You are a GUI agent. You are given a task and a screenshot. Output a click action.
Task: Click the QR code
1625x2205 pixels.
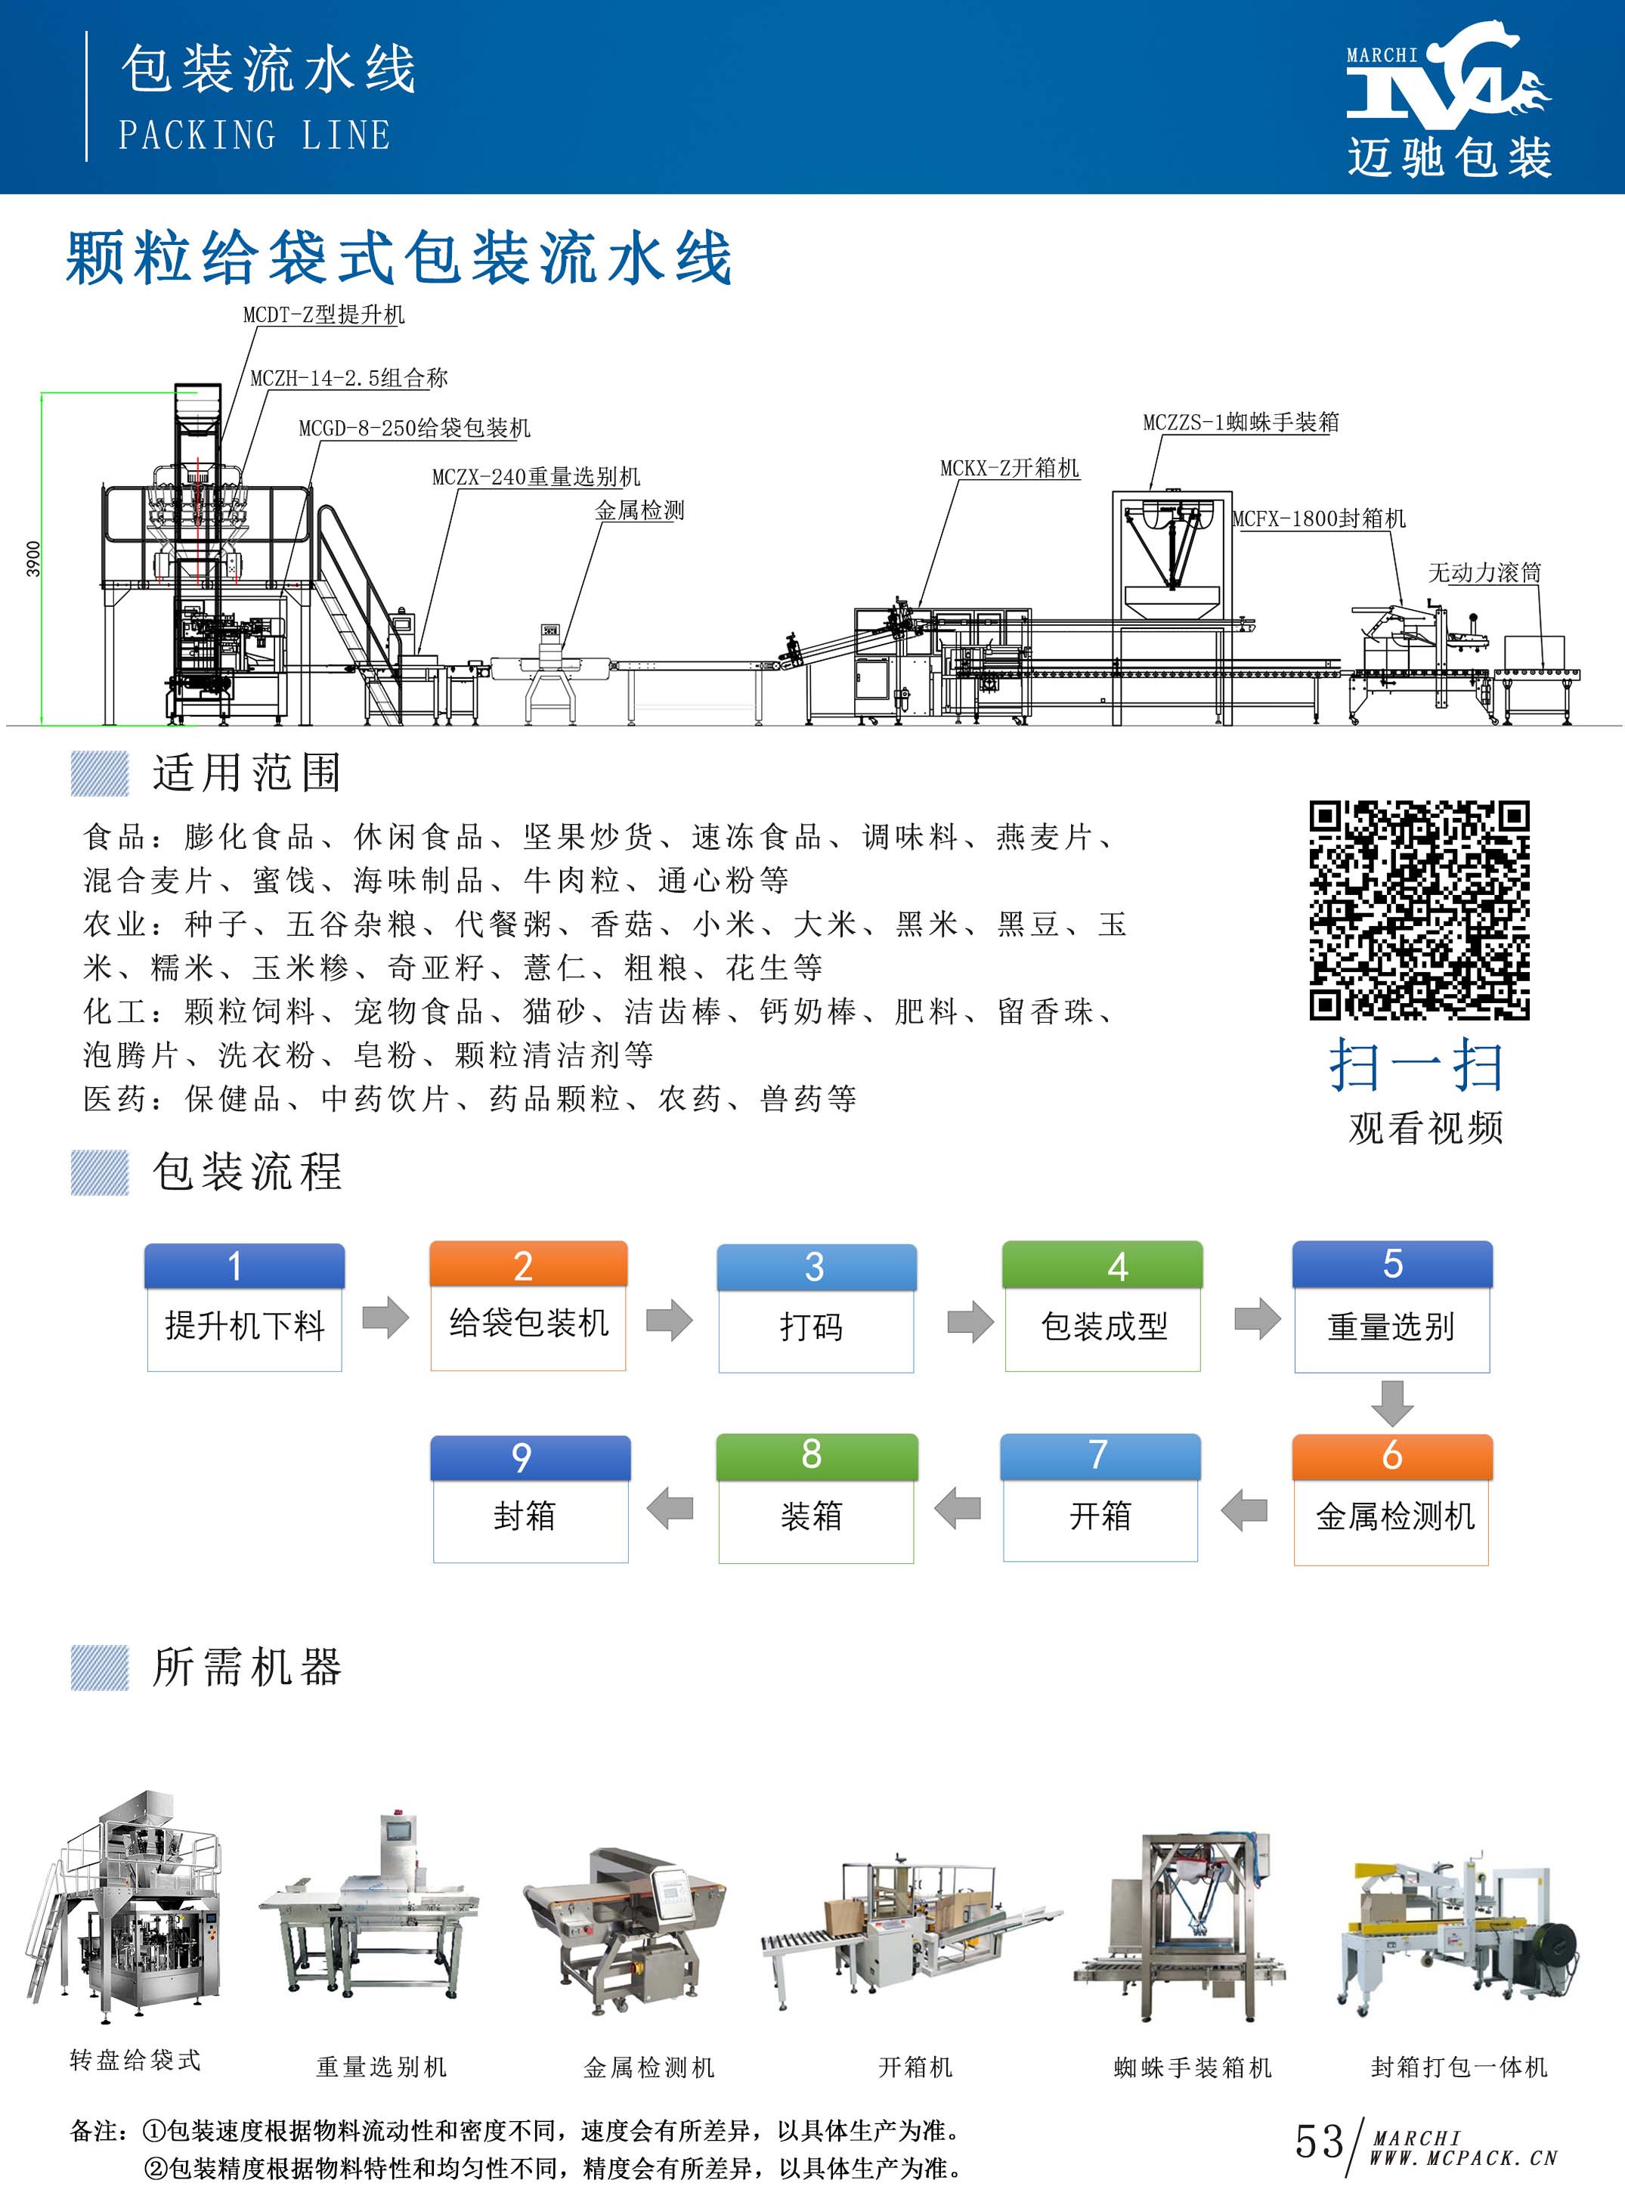click(1419, 909)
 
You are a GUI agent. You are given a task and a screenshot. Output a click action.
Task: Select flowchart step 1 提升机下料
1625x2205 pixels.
click(244, 1306)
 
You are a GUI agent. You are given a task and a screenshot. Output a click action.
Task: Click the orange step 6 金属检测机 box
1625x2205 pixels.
click(1392, 1498)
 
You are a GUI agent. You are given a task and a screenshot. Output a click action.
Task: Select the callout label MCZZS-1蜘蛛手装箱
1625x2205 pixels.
click(1240, 422)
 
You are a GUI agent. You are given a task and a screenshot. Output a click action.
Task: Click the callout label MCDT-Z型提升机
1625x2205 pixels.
click(323, 314)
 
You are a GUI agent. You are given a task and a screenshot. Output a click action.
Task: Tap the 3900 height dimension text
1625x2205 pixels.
click(33, 558)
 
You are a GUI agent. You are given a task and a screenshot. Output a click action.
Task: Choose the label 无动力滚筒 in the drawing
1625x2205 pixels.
click(1484, 572)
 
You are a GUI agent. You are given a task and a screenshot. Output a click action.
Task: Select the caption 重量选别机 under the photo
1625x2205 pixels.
click(382, 2067)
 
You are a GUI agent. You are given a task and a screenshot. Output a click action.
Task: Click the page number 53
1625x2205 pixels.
click(1319, 2140)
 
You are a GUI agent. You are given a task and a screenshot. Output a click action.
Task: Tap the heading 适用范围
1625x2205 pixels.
click(247, 772)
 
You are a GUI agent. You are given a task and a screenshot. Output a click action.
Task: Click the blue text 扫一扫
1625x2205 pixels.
click(1416, 1064)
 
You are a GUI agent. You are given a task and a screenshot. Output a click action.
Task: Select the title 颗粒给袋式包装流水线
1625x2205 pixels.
click(399, 258)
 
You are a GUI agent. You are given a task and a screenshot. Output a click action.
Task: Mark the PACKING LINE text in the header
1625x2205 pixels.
click(255, 135)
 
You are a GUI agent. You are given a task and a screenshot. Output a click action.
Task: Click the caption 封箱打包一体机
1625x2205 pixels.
click(1459, 2067)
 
